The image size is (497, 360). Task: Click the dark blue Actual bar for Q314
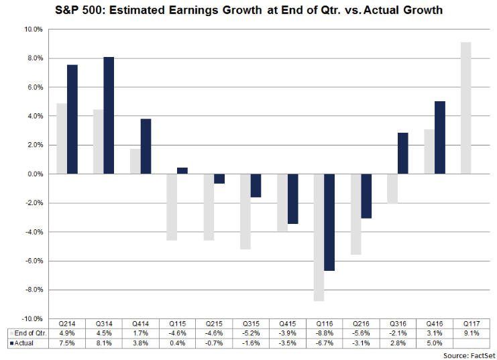click(x=109, y=115)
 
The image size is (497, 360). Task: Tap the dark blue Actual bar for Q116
click(x=328, y=222)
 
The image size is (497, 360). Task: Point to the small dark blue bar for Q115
click(x=182, y=170)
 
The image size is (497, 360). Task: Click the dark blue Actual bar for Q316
click(x=402, y=154)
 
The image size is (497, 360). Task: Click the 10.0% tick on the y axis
click(x=34, y=29)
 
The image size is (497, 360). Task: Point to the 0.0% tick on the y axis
click(x=35, y=174)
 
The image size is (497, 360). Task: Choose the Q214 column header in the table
click(x=66, y=324)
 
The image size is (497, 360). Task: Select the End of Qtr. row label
click(x=27, y=333)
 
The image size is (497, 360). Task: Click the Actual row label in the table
click(x=25, y=343)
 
